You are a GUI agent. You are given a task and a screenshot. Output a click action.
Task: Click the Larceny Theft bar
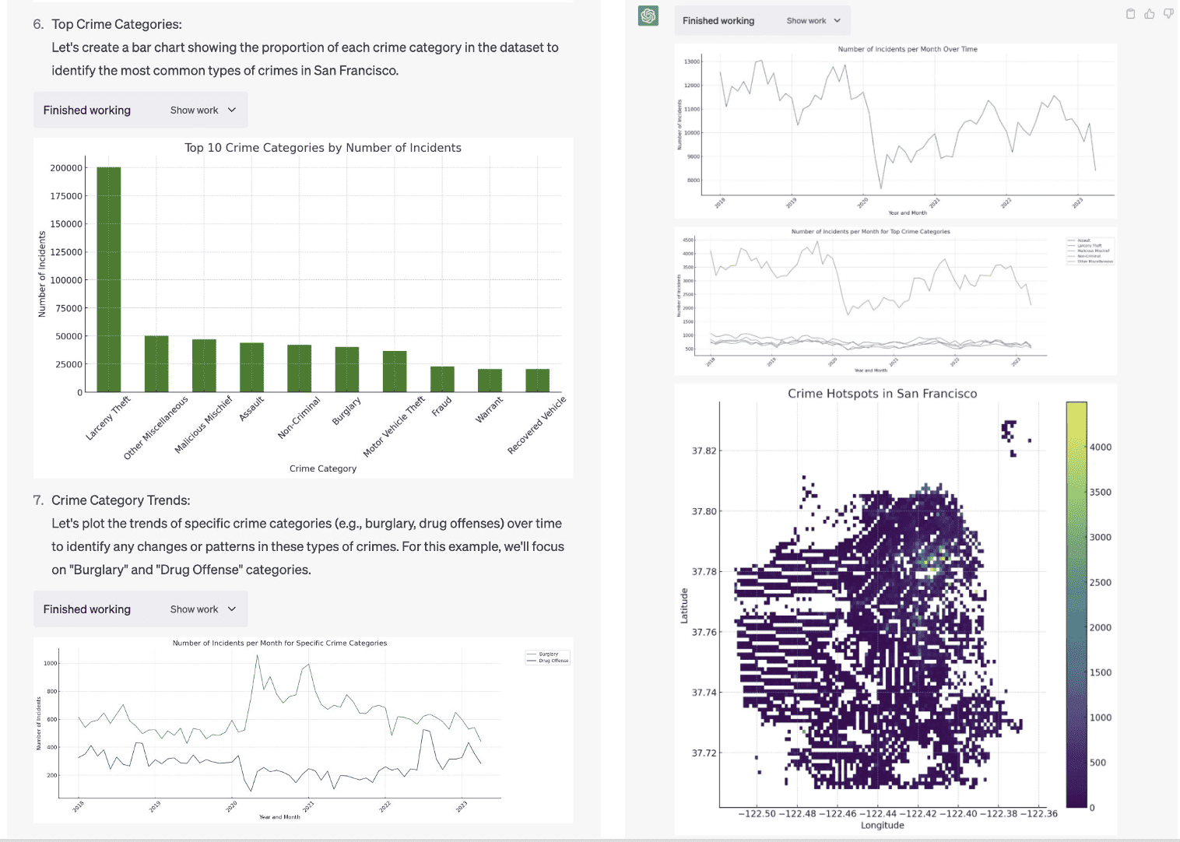tap(108, 280)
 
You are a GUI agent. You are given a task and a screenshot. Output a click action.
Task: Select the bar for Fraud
tap(442, 380)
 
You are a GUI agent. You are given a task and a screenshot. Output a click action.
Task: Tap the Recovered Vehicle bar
tap(537, 381)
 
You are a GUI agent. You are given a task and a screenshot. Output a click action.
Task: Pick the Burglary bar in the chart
tap(346, 370)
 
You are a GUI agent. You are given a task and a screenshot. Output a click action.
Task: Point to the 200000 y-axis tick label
tap(66, 168)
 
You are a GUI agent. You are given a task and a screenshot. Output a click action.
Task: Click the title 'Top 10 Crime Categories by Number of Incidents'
tap(322, 148)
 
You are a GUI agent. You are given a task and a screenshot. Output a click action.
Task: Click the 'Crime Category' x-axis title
tap(322, 468)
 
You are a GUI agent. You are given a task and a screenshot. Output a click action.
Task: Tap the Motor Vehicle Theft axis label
tap(395, 426)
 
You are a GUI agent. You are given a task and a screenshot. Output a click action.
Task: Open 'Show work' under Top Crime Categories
tap(202, 111)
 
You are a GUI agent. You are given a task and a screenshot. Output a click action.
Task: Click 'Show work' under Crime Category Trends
tap(202, 609)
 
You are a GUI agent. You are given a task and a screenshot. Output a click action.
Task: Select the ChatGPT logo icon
tap(648, 16)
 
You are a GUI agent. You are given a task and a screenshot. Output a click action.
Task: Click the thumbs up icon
tap(1149, 14)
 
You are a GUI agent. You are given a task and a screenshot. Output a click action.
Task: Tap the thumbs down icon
tap(1168, 14)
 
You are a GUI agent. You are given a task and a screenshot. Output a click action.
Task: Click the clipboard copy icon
tap(1130, 14)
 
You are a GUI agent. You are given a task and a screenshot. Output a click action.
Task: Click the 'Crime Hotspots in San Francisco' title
tap(882, 394)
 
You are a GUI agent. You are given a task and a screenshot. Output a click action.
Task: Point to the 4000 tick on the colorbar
tap(1100, 447)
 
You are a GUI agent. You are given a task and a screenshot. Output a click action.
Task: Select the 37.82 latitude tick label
tap(704, 451)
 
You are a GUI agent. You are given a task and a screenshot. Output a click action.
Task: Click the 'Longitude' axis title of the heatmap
tap(882, 826)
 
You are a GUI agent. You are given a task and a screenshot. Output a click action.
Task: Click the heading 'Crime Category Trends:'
tap(121, 500)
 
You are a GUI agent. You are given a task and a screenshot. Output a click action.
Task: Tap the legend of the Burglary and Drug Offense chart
tap(548, 658)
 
